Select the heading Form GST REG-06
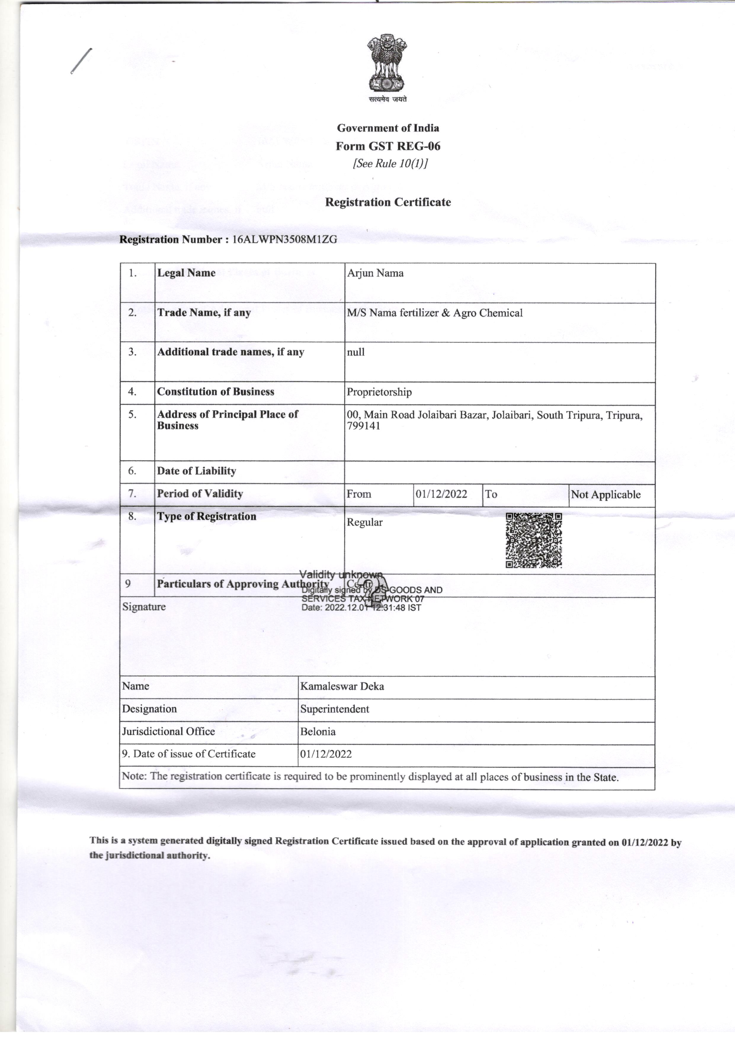point(388,146)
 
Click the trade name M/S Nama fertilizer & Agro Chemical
point(435,313)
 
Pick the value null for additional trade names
point(356,352)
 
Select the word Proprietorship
point(379,392)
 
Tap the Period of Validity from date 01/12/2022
point(441,494)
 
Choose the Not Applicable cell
point(606,495)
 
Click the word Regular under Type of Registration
point(365,523)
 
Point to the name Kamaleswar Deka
point(342,686)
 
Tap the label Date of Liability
point(196,471)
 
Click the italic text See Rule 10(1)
point(390,163)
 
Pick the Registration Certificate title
point(388,203)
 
